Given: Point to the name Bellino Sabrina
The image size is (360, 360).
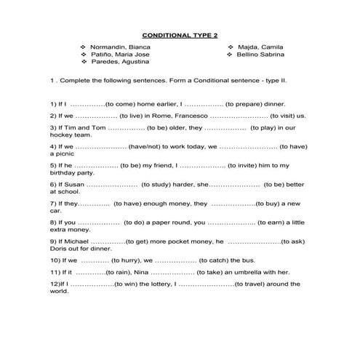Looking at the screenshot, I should pyautogui.click(x=259, y=55).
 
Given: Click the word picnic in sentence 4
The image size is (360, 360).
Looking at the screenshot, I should pyautogui.click(x=63, y=154).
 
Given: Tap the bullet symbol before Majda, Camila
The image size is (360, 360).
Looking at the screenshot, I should pyautogui.click(x=230, y=47).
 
